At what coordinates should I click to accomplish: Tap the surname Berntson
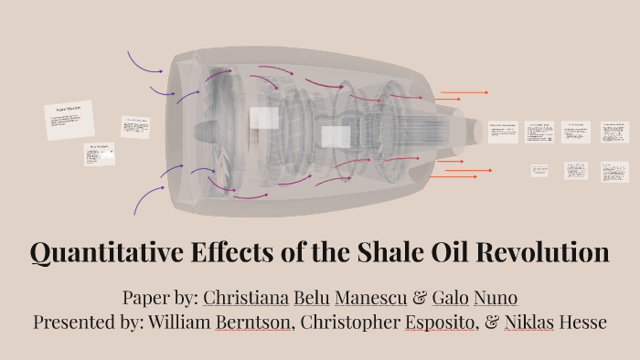251,323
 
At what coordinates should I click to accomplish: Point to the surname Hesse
581,323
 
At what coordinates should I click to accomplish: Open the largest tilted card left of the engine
69,120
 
